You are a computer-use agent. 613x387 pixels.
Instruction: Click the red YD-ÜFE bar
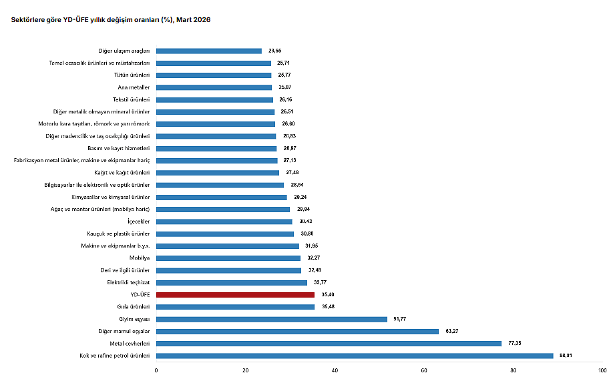(x=235, y=295)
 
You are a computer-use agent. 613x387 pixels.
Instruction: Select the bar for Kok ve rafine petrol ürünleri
(x=355, y=356)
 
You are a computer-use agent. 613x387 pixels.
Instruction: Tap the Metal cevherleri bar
(x=329, y=344)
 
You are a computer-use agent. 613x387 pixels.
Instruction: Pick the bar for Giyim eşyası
(x=272, y=319)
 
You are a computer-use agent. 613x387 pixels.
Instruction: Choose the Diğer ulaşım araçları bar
(x=208, y=51)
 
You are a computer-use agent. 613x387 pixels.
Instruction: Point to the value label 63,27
(x=452, y=332)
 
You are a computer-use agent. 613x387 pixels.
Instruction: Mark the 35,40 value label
(x=328, y=295)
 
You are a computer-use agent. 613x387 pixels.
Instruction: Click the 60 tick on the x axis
(x=424, y=371)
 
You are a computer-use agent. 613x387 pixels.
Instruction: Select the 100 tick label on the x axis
(x=602, y=371)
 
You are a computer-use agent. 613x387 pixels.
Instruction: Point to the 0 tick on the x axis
(x=156, y=371)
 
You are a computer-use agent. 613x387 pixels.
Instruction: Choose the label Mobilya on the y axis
(x=140, y=258)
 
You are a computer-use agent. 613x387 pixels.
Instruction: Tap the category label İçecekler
(x=139, y=222)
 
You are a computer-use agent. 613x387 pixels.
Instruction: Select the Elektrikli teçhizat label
(x=128, y=283)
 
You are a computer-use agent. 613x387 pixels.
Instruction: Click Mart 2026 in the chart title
(x=194, y=20)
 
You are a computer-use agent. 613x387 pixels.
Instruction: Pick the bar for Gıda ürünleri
(x=235, y=307)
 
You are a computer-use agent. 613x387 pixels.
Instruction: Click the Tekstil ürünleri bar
(x=214, y=99)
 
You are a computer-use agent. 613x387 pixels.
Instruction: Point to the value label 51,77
(x=401, y=319)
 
